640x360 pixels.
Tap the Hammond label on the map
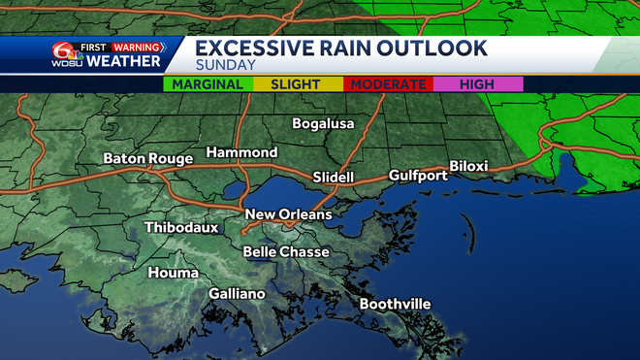click(x=241, y=153)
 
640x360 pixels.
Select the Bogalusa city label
click(x=324, y=124)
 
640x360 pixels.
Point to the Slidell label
click(x=334, y=178)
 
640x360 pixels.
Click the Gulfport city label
click(x=418, y=176)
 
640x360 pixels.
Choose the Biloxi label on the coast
click(x=468, y=166)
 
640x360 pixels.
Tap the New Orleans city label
click(x=288, y=214)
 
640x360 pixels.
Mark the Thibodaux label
click(x=180, y=228)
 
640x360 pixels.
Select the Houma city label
click(x=172, y=274)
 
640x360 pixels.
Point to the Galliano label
click(x=238, y=294)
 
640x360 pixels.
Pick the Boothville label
click(x=395, y=305)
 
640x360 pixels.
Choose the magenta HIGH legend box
click(x=478, y=84)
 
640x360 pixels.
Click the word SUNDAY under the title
click(x=225, y=66)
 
